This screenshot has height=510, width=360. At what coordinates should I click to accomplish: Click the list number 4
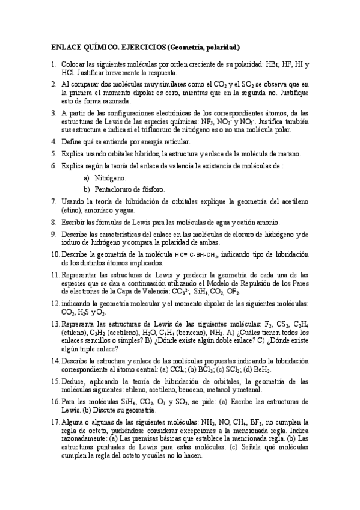click(x=53, y=142)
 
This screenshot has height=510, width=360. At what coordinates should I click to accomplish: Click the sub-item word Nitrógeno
click(x=111, y=178)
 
